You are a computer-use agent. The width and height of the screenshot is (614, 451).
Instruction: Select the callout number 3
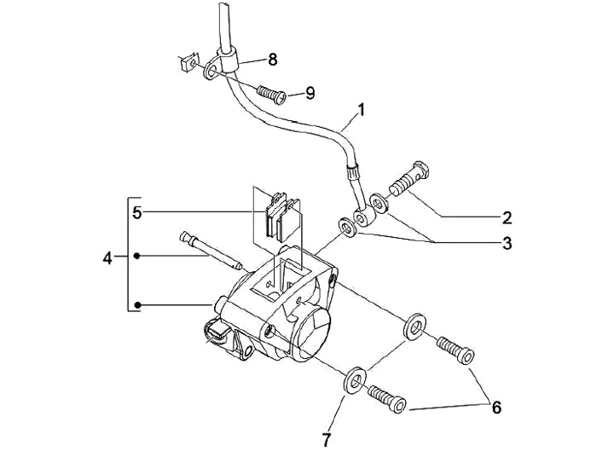pos(507,243)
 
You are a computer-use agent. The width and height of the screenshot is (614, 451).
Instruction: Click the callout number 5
pos(136,211)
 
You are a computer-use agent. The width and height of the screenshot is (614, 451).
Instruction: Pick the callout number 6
pos(495,407)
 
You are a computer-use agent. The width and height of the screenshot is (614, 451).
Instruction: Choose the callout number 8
pos(272,59)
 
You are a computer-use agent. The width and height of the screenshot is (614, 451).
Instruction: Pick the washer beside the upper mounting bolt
pos(415,327)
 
